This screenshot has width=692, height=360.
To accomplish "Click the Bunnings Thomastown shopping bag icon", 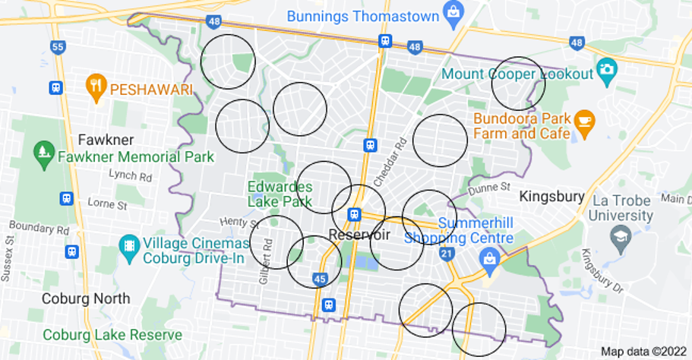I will [453, 14].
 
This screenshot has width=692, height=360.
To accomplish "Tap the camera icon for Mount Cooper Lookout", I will [606, 69].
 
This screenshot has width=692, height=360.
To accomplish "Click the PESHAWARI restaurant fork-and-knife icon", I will [96, 88].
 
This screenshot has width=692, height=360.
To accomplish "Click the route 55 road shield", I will [58, 47].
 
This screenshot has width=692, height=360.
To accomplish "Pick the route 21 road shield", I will [447, 253].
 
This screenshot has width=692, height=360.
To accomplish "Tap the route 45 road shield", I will [321, 279].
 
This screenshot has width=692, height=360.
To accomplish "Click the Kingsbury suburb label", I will [551, 197].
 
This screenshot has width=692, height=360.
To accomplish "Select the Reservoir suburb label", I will [359, 235].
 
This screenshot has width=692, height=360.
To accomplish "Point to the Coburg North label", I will [86, 298].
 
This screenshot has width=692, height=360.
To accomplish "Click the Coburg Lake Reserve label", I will [112, 335].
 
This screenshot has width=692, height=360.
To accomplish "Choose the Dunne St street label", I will [489, 187].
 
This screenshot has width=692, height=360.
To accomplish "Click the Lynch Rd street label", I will [131, 176].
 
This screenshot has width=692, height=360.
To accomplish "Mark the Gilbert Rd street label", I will [266, 261].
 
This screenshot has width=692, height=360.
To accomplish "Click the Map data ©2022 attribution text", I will [644, 352].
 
